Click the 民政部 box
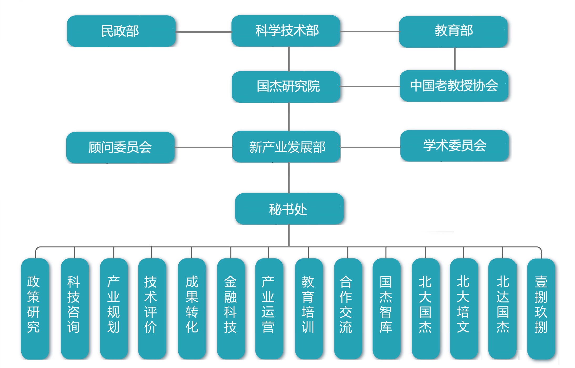point(121,31)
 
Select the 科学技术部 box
point(286,31)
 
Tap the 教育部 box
point(453,32)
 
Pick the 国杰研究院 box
point(286,87)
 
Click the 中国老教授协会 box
point(454,86)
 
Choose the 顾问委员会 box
point(120,147)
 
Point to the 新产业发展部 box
point(286,147)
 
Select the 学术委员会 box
point(454,146)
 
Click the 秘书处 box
point(289,209)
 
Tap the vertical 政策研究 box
point(35,308)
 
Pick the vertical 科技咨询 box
point(75,308)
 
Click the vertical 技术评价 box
point(152,308)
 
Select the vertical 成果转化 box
point(192,308)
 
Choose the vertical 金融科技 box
point(231,308)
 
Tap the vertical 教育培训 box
point(309,308)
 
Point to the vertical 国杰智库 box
point(386,308)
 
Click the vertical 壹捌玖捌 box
point(541,308)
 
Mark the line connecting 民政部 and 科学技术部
point(203,32)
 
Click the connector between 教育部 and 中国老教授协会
point(455,59)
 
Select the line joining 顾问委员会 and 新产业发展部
point(203,147)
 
